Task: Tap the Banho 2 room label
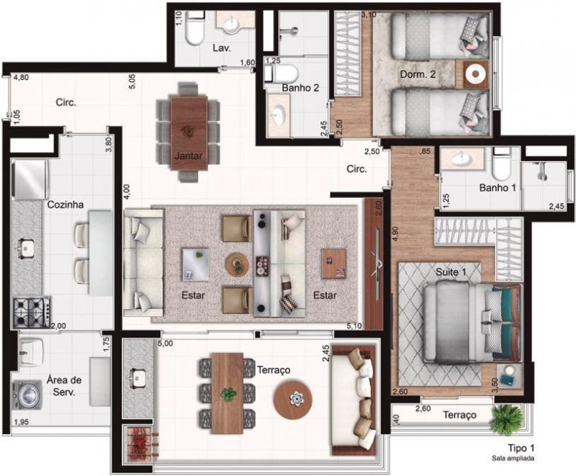click(x=300, y=88)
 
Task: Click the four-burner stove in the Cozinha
click(x=32, y=313)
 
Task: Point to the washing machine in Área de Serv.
click(x=27, y=395)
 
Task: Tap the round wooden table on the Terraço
click(x=293, y=400)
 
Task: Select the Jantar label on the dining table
click(x=188, y=156)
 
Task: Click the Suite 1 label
click(x=451, y=272)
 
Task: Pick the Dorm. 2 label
click(x=418, y=74)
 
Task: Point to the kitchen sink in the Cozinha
click(x=24, y=247)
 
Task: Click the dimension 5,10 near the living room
click(x=354, y=325)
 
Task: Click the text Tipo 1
click(x=521, y=448)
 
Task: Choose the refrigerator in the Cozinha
click(x=30, y=179)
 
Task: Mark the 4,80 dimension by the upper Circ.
click(x=21, y=78)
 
